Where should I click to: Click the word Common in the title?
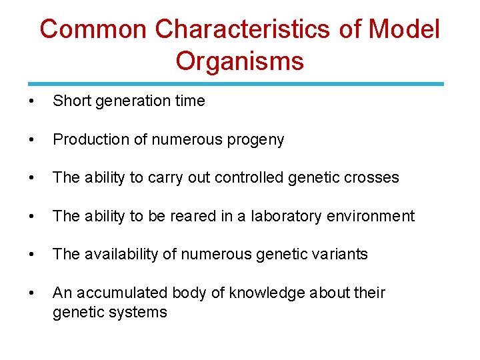[93, 30]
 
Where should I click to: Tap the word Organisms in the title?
[240, 61]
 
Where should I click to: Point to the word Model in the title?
[404, 30]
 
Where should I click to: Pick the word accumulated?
[123, 293]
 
